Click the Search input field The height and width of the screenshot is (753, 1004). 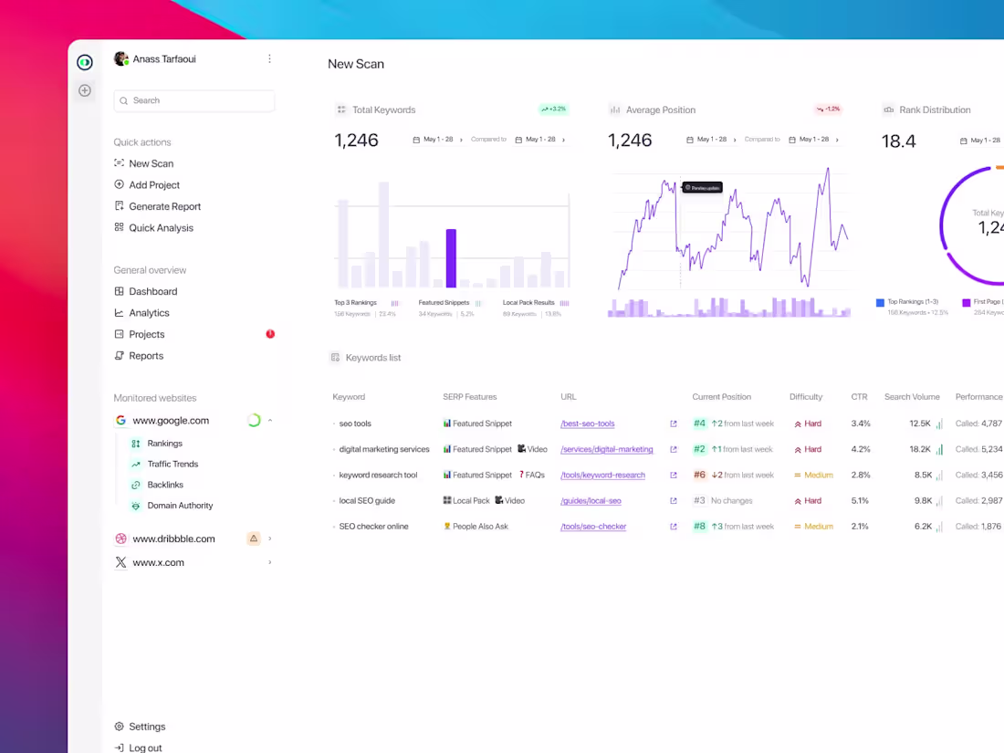pos(193,100)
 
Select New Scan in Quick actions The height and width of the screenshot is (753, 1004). pos(151,163)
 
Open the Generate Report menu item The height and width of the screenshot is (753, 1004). pos(164,206)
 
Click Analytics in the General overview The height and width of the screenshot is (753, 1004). pos(149,313)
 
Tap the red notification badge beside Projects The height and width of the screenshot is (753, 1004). pos(270,334)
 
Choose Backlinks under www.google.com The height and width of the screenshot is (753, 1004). pos(165,485)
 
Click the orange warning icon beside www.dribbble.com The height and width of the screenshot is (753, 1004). pos(254,539)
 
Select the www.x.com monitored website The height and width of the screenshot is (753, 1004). pos(158,562)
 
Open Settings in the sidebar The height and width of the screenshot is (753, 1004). pos(147,727)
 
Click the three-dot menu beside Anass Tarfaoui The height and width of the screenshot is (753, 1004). pos(269,58)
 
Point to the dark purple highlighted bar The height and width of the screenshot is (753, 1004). pos(451,258)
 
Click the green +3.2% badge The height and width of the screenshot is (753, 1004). pos(553,110)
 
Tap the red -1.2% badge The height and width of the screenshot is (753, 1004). pos(828,110)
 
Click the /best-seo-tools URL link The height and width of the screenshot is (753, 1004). pos(587,424)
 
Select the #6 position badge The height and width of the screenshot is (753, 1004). pos(699,475)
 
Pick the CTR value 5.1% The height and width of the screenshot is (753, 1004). pos(860,500)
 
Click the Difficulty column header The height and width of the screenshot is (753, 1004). pos(806,397)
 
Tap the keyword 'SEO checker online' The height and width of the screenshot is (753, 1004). pos(373,527)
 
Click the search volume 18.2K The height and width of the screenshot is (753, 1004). pos(920,449)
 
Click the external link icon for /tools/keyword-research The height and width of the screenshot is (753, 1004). pos(674,475)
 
